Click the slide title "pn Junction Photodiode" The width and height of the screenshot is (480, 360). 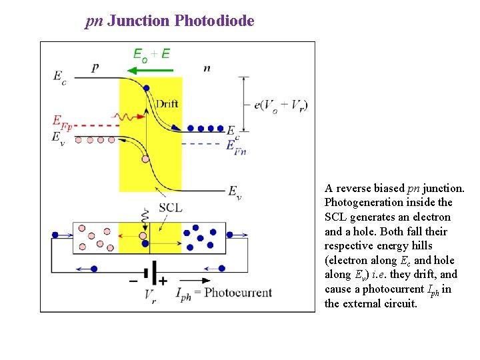[x=170, y=21]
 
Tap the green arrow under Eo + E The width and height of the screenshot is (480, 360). [x=150, y=69]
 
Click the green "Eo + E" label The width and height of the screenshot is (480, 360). [x=151, y=54]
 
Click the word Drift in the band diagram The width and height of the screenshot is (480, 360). [x=167, y=103]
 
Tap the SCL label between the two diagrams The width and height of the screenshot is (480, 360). [x=170, y=207]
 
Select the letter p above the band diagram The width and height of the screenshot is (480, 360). [x=95, y=67]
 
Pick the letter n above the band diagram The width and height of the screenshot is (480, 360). [x=207, y=68]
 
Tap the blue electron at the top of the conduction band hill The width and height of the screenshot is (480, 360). [x=146, y=88]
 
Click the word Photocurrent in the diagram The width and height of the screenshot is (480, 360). [x=238, y=293]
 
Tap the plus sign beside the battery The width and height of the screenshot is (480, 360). [x=163, y=281]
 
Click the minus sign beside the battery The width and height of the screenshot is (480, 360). [x=133, y=281]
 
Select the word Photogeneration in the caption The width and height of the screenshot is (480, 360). [x=388, y=202]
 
